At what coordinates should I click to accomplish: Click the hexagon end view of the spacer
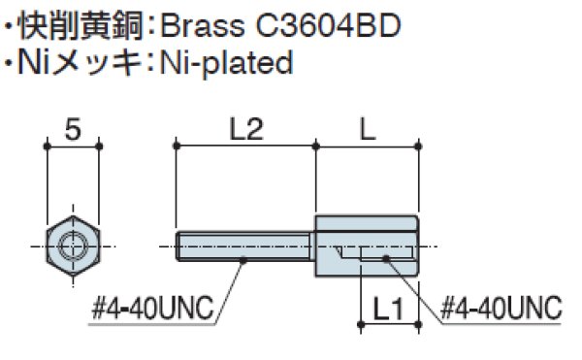click(x=72, y=246)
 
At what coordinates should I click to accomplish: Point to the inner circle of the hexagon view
click(x=72, y=246)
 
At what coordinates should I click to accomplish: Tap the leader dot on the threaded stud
click(x=242, y=258)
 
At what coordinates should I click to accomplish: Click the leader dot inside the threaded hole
click(x=386, y=258)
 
